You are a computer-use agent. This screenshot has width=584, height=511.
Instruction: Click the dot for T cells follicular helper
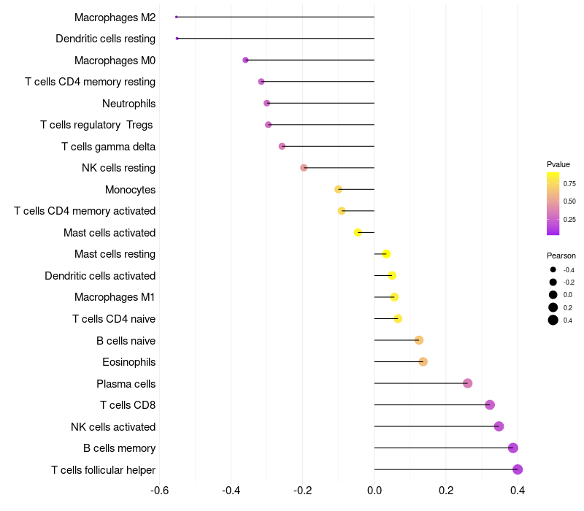pos(518,469)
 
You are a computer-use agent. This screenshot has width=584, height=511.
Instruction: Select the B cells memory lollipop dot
pos(513,448)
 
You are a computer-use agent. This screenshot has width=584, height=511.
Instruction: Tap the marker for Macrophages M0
pos(245,60)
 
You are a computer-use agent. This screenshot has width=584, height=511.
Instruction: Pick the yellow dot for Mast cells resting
pos(386,254)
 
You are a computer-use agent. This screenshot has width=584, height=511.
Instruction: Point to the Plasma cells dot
pos(468,383)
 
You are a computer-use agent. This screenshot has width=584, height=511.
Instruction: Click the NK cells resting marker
pos(304,168)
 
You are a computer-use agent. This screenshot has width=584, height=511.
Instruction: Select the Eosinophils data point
pos(423,362)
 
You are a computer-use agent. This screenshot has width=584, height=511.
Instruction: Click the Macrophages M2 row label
pos(115,17)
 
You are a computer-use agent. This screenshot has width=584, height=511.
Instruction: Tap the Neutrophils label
pos(128,103)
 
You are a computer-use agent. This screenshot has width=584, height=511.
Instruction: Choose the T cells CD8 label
pos(128,405)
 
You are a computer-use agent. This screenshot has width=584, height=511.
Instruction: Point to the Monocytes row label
pos(130,190)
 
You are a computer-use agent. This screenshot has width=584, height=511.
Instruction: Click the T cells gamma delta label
pos(108,147)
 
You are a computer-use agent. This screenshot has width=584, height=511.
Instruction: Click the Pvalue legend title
pos(558,164)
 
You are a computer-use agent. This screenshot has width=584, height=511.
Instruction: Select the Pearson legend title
pos(561,255)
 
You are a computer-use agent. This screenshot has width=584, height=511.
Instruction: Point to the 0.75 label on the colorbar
pos(569,183)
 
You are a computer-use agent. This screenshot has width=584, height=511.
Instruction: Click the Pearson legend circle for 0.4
pos(553,320)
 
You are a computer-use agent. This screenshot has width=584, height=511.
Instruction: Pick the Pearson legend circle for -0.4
pos(553,270)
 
